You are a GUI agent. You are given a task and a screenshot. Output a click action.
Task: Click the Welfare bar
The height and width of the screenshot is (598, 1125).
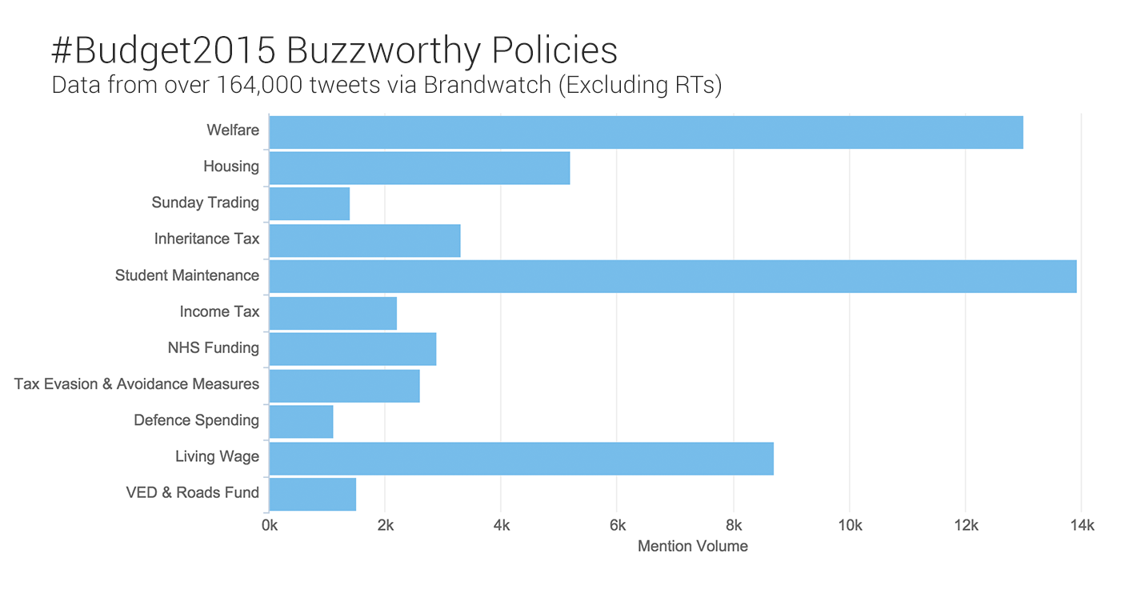pyautogui.click(x=646, y=132)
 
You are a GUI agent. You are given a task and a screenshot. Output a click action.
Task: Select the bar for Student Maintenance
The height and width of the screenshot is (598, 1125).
pyautogui.click(x=672, y=276)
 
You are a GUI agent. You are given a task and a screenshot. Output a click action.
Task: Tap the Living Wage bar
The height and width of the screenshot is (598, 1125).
pyautogui.click(x=521, y=458)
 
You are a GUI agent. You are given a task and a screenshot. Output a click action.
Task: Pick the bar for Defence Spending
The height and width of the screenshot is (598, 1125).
pyautogui.click(x=301, y=422)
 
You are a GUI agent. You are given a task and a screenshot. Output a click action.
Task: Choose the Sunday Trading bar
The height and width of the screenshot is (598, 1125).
pyautogui.click(x=309, y=203)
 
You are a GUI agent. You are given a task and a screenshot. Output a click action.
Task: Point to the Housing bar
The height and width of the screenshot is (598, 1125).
pyautogui.click(x=419, y=168)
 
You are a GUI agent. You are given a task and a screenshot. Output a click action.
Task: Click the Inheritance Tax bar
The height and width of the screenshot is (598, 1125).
pyautogui.click(x=364, y=240)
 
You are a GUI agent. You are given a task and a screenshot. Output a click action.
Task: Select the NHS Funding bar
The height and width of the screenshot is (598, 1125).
pyautogui.click(x=352, y=349)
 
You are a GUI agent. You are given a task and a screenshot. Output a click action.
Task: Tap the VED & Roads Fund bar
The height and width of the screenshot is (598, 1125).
pyautogui.click(x=312, y=494)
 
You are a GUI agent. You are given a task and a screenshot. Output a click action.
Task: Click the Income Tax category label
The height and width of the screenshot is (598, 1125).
pyautogui.click(x=219, y=311)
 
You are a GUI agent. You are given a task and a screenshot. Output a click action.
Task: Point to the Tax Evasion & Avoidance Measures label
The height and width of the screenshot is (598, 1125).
pyautogui.click(x=137, y=384)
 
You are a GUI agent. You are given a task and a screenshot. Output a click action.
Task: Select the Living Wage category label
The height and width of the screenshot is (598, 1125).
pyautogui.click(x=217, y=456)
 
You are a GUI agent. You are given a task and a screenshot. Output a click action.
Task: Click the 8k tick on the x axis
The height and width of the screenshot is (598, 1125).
pyautogui.click(x=733, y=526)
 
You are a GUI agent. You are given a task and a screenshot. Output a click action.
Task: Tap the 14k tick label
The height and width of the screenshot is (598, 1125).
pyautogui.click(x=1081, y=526)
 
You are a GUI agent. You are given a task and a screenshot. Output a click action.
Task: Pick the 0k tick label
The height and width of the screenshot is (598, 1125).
pyautogui.click(x=270, y=526)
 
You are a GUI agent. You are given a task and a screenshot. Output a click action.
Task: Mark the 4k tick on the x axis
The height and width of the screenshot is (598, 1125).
pyautogui.click(x=501, y=526)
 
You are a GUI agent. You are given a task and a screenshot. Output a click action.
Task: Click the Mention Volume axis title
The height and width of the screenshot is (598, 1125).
pyautogui.click(x=692, y=547)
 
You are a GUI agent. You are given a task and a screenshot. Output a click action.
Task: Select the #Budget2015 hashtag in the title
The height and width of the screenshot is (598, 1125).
pyautogui.click(x=163, y=51)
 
